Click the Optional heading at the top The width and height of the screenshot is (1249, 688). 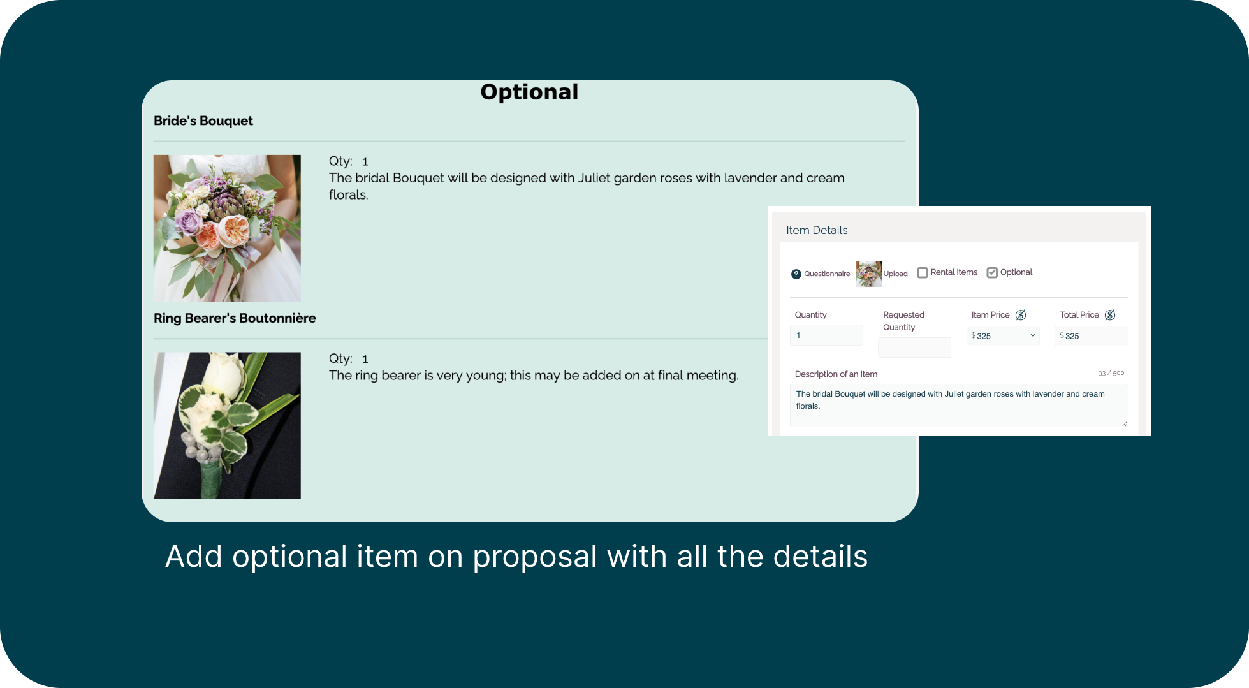[529, 92]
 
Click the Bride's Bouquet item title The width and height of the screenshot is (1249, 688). [203, 121]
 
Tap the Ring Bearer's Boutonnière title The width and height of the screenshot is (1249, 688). [235, 318]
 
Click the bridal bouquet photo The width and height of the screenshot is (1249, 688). [227, 228]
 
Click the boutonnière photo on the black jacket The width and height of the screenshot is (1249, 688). [227, 425]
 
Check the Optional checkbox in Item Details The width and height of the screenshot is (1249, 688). [992, 273]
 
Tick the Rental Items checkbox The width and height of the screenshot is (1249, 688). [923, 273]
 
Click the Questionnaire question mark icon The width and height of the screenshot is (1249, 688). [796, 274]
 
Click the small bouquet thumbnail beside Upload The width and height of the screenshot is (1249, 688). [868, 274]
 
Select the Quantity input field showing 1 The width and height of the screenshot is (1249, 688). [826, 335]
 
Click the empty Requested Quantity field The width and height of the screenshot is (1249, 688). [914, 348]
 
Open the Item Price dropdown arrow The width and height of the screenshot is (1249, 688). [1033, 335]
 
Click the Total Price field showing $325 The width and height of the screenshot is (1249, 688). [1092, 336]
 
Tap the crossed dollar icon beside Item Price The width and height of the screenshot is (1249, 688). [1021, 315]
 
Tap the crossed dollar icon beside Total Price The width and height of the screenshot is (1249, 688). [1110, 315]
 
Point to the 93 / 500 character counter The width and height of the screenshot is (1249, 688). [1111, 373]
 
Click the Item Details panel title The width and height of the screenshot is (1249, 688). [817, 230]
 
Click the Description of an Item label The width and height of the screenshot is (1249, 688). [836, 374]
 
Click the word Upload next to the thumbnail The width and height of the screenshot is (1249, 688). [895, 274]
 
